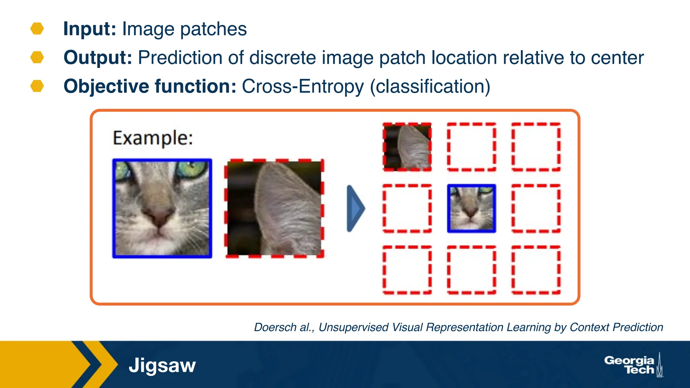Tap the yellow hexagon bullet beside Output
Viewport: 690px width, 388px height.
tap(37, 57)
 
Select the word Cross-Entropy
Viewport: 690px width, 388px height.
tap(303, 87)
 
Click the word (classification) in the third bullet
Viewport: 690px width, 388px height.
tap(430, 87)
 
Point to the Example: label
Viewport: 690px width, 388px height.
tap(153, 138)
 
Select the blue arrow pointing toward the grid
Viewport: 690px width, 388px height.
tap(355, 208)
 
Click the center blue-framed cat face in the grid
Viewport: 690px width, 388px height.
tap(471, 208)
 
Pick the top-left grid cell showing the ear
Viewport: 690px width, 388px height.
tap(407, 147)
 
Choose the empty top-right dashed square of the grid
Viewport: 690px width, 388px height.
tap(536, 147)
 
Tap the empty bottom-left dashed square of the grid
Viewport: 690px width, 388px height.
tap(407, 270)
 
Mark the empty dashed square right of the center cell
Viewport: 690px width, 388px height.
tap(536, 208)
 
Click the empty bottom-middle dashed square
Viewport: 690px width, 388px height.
tap(471, 270)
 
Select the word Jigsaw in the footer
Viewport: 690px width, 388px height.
tap(162, 365)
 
